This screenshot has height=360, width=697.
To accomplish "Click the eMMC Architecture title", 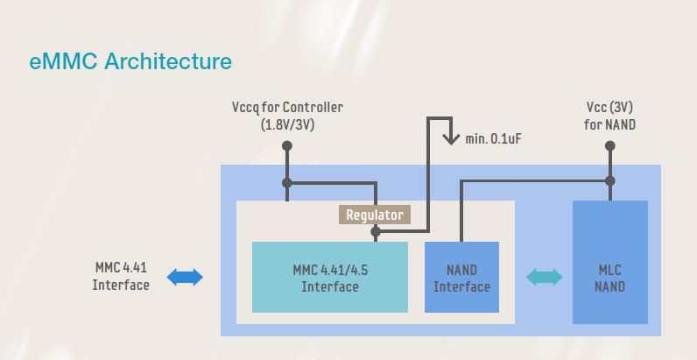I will tap(130, 61).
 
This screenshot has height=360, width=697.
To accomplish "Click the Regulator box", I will tap(374, 215).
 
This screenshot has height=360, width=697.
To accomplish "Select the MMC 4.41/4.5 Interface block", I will tap(330, 277).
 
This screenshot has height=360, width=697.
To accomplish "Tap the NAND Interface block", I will tap(461, 277).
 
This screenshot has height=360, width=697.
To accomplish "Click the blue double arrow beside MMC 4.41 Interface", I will tap(185, 278).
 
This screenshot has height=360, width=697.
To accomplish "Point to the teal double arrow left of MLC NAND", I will tap(545, 278).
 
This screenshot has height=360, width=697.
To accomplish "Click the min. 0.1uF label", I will tap(496, 138).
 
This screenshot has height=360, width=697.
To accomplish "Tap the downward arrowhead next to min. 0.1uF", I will tap(450, 138).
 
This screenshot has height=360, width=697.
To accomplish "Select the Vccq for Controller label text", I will tap(287, 108).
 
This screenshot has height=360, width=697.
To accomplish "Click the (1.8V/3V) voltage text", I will tap(287, 124).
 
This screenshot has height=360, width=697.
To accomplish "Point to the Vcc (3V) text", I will tap(610, 108).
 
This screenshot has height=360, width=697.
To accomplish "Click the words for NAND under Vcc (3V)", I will tap(610, 124).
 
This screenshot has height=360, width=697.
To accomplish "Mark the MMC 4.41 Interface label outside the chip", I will tap(121, 275).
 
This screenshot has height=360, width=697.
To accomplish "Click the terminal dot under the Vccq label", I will tap(287, 146).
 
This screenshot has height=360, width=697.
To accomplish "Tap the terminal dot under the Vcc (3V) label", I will tap(610, 146).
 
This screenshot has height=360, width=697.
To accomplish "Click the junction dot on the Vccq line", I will tap(287, 183).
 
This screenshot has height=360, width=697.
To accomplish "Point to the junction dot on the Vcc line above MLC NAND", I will tap(610, 181).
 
